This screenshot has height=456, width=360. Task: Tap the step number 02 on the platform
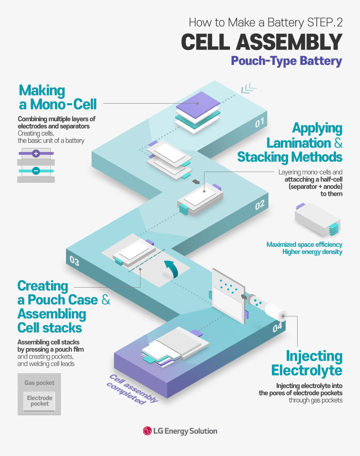pos(260,206)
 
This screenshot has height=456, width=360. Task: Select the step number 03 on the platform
pos(74,261)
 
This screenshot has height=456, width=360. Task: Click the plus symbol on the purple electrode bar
pos(36,154)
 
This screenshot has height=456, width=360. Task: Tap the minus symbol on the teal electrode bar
pos(36,171)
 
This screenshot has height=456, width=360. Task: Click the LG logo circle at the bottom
pos(147,431)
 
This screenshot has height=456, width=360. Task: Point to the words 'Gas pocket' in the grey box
pos(39,383)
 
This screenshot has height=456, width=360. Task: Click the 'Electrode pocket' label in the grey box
pos(40,401)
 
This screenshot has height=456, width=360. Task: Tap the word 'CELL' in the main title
pos(205,42)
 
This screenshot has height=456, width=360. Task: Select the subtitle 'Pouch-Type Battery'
pos(286,61)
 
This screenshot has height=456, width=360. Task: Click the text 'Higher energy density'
pos(312,252)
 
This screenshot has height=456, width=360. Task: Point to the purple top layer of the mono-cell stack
pos(198,103)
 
